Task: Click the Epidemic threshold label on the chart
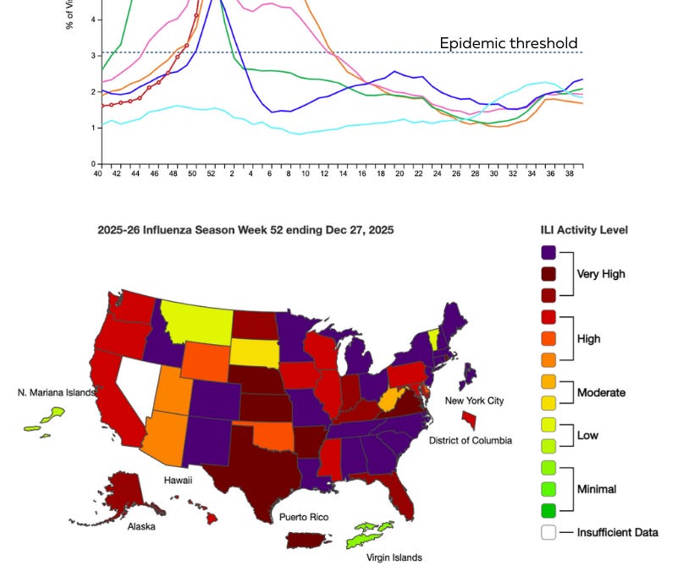[508, 43]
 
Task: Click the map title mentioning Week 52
[245, 230]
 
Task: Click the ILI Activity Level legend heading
[584, 230]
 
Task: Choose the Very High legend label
[600, 274]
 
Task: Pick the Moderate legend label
[600, 393]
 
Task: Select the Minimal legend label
[597, 489]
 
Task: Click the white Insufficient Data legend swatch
[548, 533]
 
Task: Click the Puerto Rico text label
[306, 517]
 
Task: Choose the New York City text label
[474, 400]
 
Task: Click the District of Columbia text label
[470, 441]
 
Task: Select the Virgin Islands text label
[394, 557]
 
